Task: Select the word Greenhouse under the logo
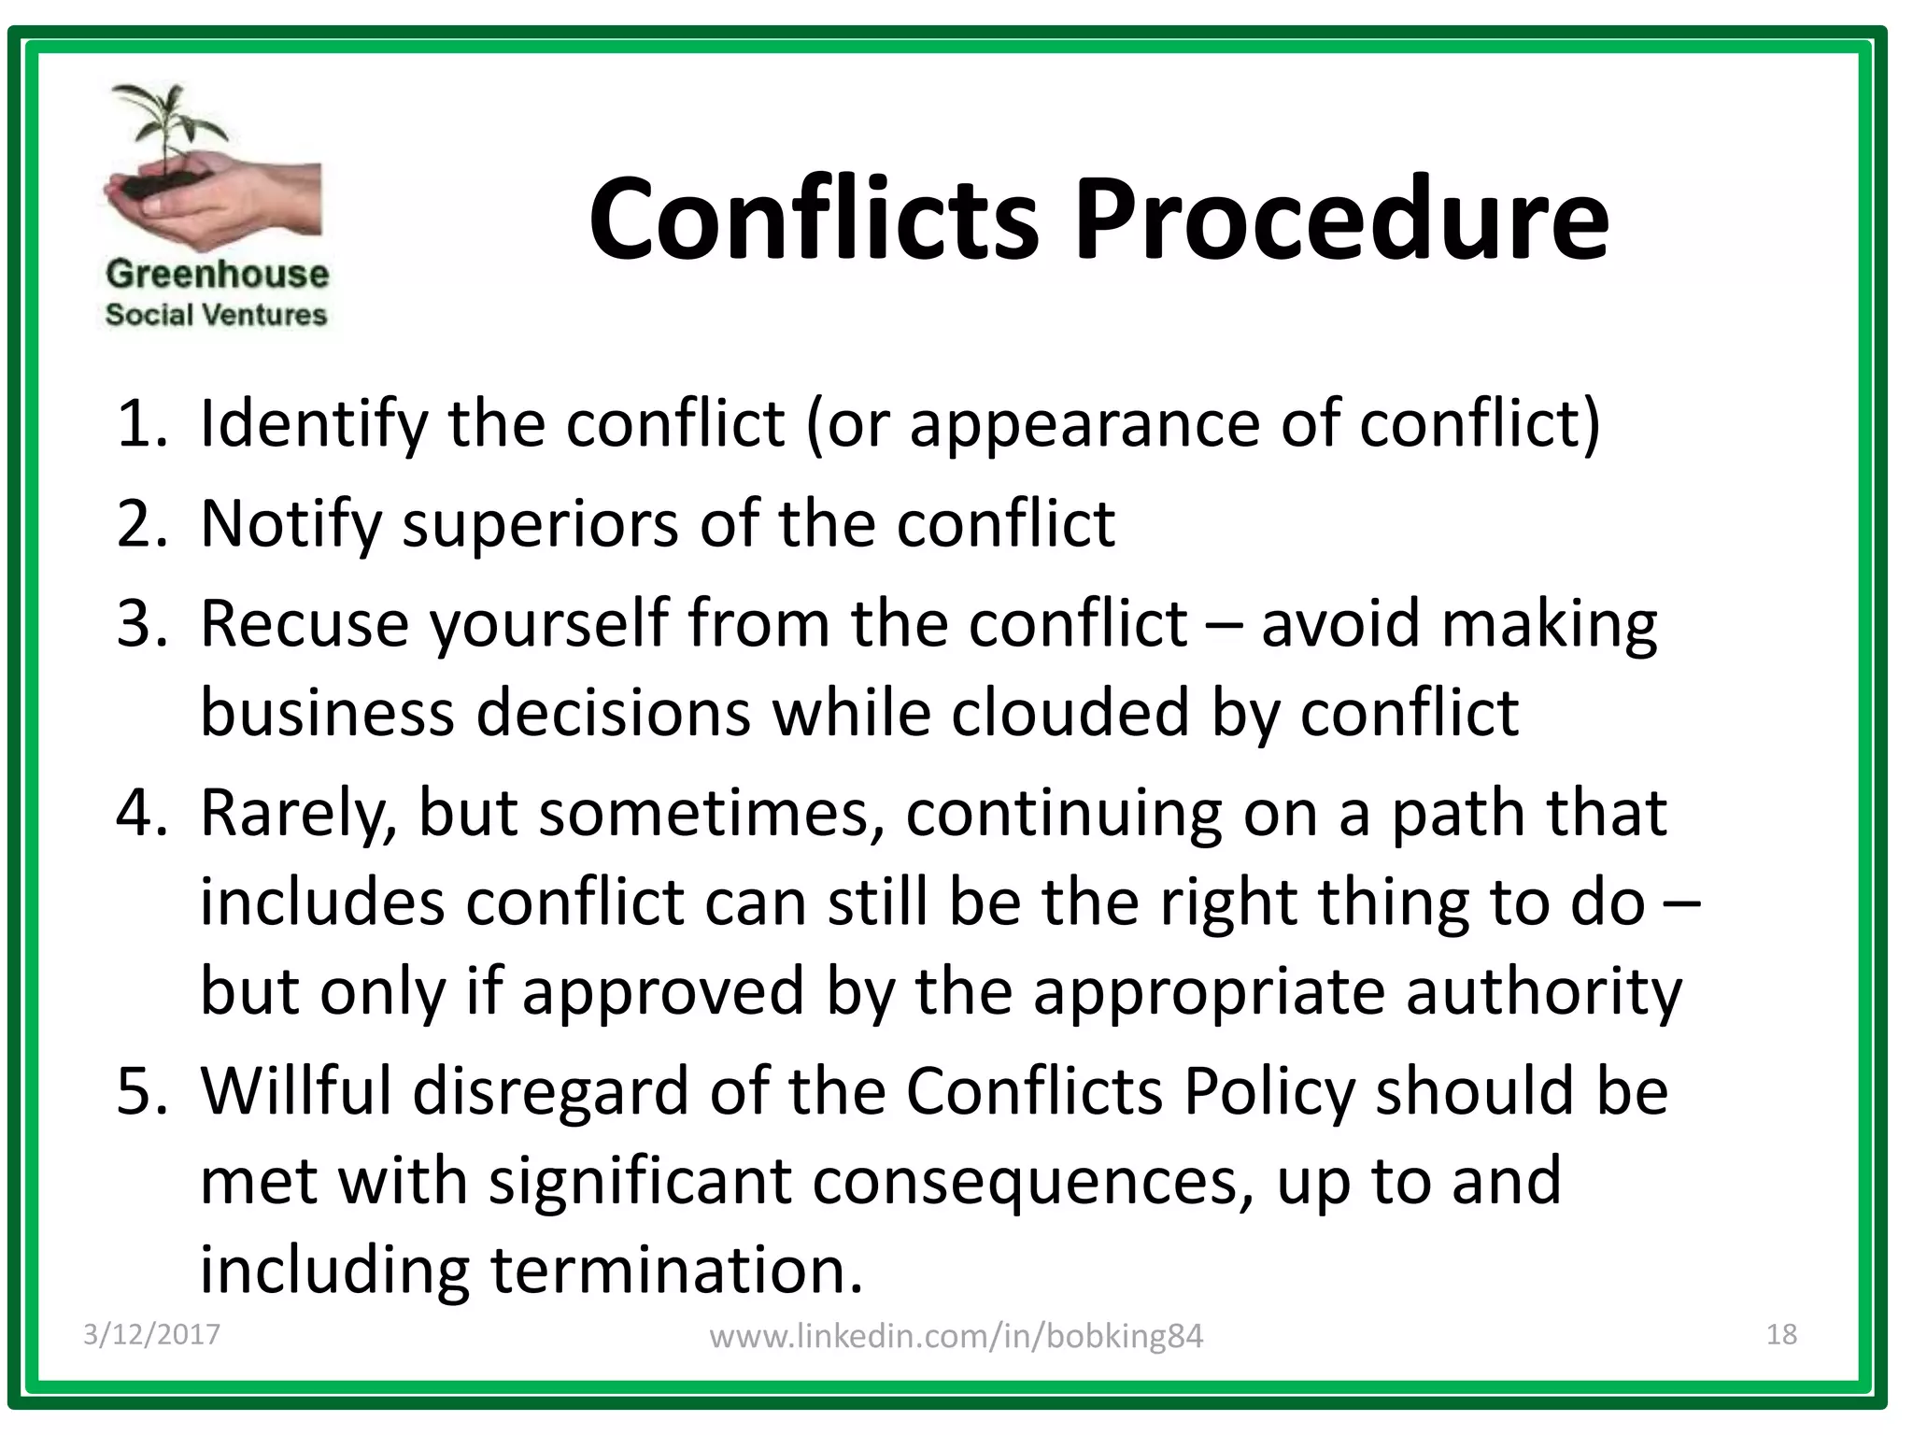click(217, 274)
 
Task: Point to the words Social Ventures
click(216, 315)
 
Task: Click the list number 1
click(140, 423)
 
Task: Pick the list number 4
click(140, 812)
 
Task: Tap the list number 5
click(140, 1090)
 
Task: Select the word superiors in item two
click(541, 523)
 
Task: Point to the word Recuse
click(304, 623)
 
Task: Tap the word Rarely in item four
click(299, 814)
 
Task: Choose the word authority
click(1543, 992)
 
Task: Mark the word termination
click(676, 1270)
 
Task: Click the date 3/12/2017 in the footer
click(151, 1334)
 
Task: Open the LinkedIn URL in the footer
click(956, 1336)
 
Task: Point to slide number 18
click(1781, 1334)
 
